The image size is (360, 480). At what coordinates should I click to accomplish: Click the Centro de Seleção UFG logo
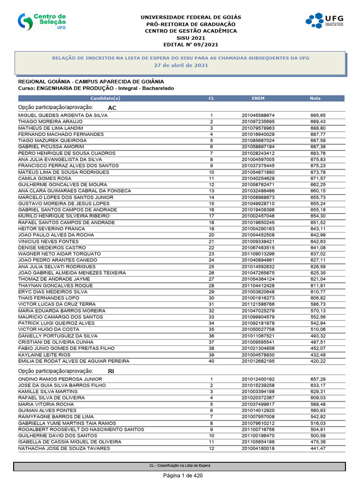(x=43, y=22)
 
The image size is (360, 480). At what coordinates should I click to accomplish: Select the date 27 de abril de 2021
(x=181, y=65)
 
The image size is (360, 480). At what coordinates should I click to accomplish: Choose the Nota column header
(x=315, y=98)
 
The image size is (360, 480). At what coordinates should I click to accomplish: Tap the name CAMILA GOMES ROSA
(x=45, y=179)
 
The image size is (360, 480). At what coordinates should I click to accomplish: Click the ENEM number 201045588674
(x=258, y=115)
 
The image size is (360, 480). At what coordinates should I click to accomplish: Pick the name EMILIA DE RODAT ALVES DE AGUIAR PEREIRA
(x=74, y=361)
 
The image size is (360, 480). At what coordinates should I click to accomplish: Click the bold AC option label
(x=112, y=108)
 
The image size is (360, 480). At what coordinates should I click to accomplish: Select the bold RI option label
(x=111, y=371)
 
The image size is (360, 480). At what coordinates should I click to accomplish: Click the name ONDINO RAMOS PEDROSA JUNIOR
(x=60, y=379)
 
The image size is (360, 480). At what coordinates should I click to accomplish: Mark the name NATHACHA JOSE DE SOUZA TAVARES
(x=64, y=449)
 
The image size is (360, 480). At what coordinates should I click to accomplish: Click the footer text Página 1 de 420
(x=180, y=475)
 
